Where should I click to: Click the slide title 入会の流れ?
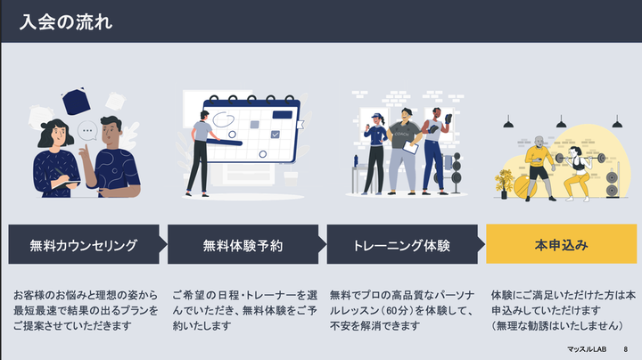pos(65,22)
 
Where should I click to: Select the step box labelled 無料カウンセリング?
pos(84,244)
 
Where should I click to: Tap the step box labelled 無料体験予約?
pos(243,244)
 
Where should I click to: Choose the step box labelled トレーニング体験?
pos(402,244)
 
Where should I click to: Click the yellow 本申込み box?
pos(562,244)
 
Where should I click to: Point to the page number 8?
pos(626,349)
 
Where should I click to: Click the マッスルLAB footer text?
pos(587,349)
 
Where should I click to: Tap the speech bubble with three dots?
pos(87,131)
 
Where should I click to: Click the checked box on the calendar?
pos(276,135)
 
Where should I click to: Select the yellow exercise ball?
pos(524,187)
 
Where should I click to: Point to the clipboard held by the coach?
pos(411,147)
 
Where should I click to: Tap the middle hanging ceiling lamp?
pos(562,122)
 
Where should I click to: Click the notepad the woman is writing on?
pos(66,184)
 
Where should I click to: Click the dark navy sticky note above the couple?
pos(76,101)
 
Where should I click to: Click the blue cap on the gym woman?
pos(376,116)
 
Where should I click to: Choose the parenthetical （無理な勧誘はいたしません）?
pos(557,326)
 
